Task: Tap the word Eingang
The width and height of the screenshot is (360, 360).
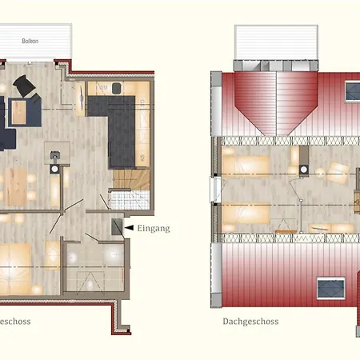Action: point(154,229)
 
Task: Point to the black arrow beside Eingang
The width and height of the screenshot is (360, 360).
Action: point(129,229)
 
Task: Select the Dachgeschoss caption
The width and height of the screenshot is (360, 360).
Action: point(250,324)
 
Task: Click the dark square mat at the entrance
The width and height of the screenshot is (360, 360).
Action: point(117,229)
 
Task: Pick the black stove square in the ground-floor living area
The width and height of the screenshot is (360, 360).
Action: point(54,170)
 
